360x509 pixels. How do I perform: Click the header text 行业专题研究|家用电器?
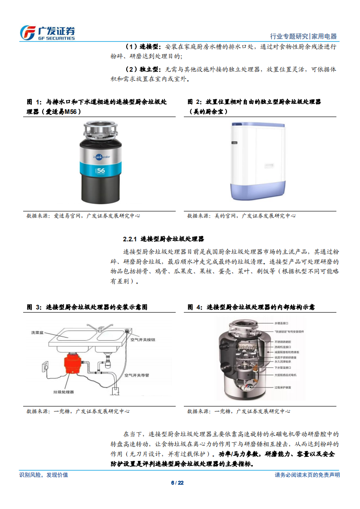coord(303,36)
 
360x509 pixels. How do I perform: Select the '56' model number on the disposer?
coord(101,170)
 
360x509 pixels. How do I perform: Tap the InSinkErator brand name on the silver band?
coord(102,157)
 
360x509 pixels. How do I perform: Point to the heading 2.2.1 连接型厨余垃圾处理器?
coord(163,239)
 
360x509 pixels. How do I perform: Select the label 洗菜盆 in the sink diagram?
coord(37,333)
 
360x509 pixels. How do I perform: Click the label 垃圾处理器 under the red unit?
coord(63,391)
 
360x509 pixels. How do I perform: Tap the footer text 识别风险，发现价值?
coord(44,475)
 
